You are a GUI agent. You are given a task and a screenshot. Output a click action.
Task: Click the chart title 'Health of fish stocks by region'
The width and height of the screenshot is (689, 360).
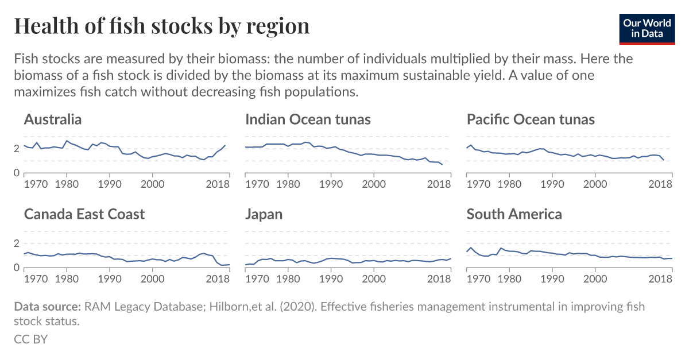coord(161,26)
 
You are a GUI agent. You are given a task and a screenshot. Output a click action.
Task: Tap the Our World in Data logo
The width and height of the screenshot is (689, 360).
coord(647,28)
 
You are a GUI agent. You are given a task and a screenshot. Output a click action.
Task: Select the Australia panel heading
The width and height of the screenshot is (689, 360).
coord(53,119)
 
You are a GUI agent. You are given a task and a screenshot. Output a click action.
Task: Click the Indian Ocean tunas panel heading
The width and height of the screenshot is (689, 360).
coord(308,119)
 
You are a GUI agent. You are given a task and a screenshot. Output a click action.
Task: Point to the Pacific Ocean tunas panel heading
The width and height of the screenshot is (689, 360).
coord(531,119)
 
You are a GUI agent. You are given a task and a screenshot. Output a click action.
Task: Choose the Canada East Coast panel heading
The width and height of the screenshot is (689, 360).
coord(84,214)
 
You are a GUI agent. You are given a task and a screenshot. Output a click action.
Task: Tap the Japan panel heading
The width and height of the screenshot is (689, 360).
coord(264,214)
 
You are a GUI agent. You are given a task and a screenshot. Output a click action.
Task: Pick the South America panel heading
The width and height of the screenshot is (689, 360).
coord(514,214)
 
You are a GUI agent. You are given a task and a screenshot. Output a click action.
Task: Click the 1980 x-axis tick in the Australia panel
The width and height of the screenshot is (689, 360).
coord(67,184)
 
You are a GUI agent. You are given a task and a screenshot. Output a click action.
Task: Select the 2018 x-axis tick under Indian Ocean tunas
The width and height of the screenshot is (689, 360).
coord(440,184)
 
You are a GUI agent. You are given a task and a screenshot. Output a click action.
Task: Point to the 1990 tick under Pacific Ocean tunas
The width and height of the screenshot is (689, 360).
coord(552,184)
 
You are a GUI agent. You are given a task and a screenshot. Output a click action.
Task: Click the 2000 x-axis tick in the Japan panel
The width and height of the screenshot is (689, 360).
coord(374,278)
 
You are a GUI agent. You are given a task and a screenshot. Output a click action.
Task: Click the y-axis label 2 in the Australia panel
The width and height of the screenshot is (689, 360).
coord(17,149)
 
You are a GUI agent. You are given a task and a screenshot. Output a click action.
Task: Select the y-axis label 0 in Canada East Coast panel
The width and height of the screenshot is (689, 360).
coord(17,268)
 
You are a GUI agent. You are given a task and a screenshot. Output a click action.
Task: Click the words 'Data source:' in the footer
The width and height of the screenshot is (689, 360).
coord(48,307)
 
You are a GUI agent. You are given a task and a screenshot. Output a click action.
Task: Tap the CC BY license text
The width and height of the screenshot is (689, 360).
coord(30,339)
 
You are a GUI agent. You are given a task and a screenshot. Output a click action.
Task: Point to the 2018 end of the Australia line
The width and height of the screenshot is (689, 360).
coord(224,146)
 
